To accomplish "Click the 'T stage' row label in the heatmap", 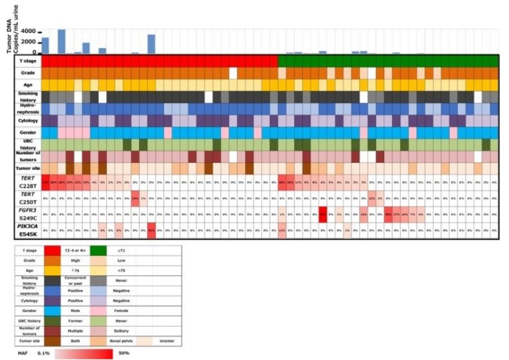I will click(x=28, y=60).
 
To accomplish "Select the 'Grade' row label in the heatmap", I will click(x=28, y=73).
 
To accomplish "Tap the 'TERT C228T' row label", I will click(x=27, y=182).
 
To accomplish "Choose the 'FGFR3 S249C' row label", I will click(x=27, y=213).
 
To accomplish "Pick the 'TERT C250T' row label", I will click(x=27, y=198).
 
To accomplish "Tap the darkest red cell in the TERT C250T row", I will click(x=135, y=198).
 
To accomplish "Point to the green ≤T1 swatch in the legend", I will click(x=125, y=250).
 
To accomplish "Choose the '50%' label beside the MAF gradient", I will click(x=125, y=354).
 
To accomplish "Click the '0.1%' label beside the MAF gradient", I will click(x=43, y=354).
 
